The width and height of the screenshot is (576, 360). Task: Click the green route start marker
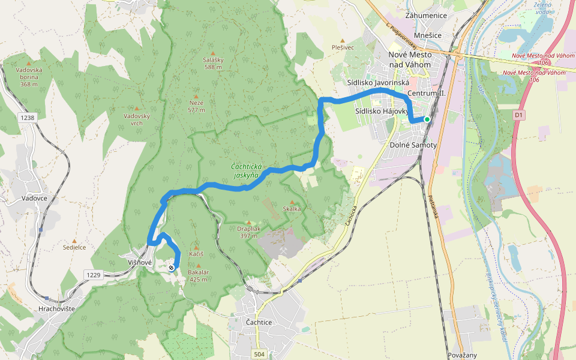tap(427, 119)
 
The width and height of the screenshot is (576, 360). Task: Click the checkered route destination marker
tap(172, 268)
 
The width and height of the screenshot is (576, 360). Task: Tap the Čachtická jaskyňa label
tap(245, 172)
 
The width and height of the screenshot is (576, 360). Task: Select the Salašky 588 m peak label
tap(212, 64)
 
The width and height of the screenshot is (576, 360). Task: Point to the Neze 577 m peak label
tap(196, 106)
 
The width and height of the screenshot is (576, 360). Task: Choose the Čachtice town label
tap(259, 323)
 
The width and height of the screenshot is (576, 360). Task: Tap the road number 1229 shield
tap(93, 275)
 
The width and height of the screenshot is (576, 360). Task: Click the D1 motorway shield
tap(519, 113)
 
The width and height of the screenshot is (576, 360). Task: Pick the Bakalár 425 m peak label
tap(198, 275)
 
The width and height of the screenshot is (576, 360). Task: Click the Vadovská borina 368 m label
tap(29, 77)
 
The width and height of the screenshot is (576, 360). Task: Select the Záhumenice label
tap(427, 14)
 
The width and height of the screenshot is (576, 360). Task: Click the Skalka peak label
tap(292, 209)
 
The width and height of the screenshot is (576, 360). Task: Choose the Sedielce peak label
tap(74, 247)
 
